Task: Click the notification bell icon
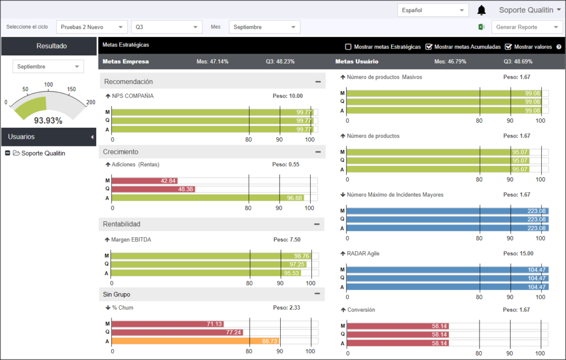click(481, 10)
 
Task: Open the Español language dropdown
click(433, 10)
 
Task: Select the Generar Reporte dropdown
click(527, 27)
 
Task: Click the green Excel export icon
click(481, 27)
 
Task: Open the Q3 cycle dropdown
click(166, 27)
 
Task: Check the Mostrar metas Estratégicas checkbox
click(348, 46)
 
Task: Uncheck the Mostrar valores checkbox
click(509, 46)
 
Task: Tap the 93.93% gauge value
click(48, 121)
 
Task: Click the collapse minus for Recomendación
click(318, 82)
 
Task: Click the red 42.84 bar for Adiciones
click(144, 180)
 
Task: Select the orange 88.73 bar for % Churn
click(195, 341)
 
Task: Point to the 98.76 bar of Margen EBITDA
click(211, 256)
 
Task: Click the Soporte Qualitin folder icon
click(16, 153)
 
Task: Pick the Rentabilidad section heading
click(122, 224)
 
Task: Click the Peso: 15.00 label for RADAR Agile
click(518, 253)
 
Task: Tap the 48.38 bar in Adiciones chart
click(154, 189)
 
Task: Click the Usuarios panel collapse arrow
click(92, 137)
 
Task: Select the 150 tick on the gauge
click(71, 89)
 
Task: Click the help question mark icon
click(559, 47)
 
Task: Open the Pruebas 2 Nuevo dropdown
click(92, 27)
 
